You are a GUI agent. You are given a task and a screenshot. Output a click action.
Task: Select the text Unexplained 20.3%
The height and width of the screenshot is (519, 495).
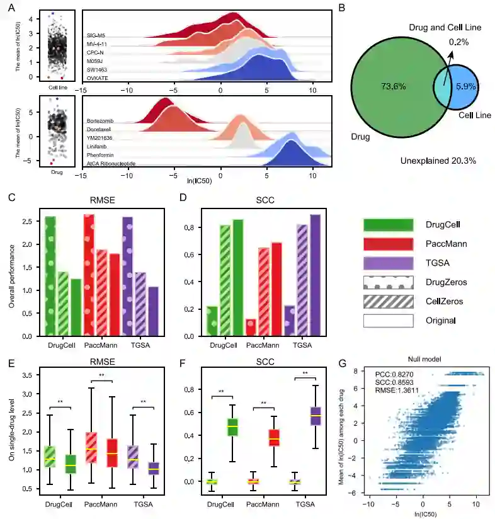[438, 161]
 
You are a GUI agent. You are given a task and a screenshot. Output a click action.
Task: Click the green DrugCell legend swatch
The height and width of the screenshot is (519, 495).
[388, 225]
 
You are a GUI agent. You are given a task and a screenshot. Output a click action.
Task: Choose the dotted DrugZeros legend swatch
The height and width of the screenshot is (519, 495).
[388, 283]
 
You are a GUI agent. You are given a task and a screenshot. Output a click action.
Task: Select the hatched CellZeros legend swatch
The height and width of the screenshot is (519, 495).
[388, 302]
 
